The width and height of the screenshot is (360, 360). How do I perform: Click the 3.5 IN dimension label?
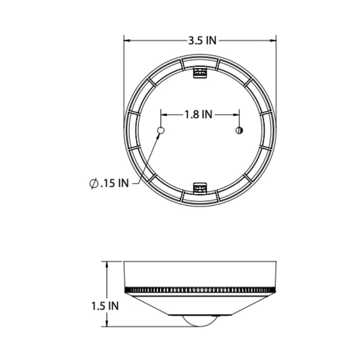point(202,41)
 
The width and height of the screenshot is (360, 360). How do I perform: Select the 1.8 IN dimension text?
point(199,114)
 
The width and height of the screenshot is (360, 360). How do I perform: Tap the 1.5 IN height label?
point(105,306)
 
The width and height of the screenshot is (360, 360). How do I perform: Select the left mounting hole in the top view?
point(160,131)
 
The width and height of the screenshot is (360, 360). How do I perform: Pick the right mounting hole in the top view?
point(239,131)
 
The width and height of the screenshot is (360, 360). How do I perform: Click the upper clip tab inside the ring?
point(200,73)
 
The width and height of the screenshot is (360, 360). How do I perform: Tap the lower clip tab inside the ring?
point(200,188)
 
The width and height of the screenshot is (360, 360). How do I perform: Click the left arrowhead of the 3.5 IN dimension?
point(127,41)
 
